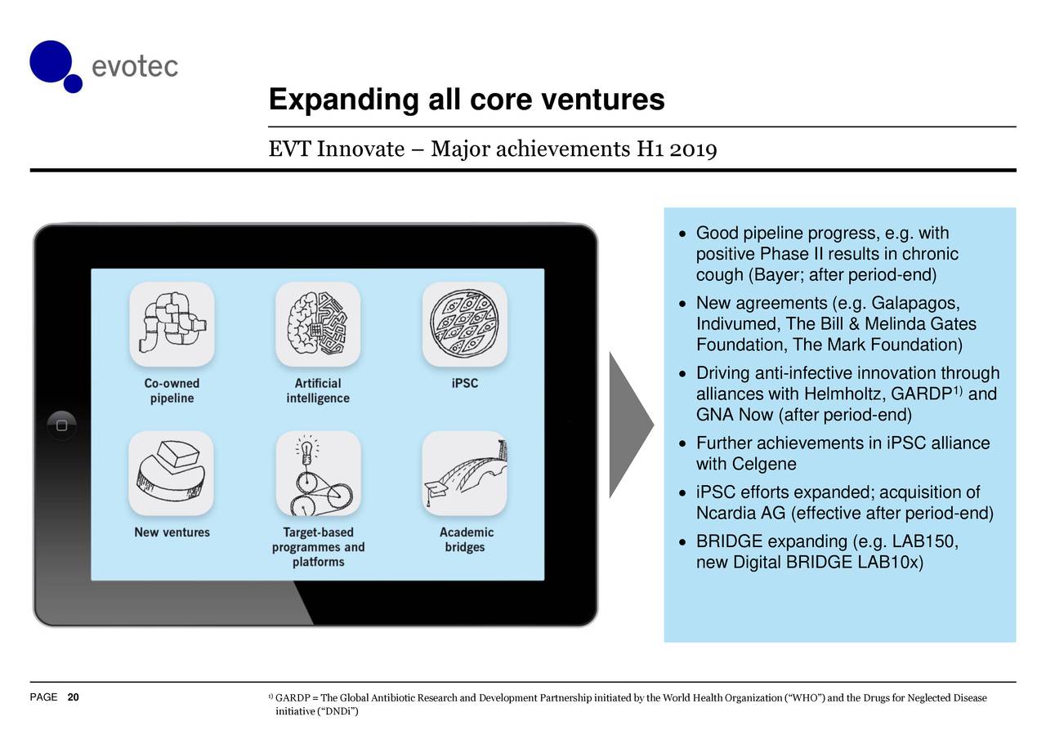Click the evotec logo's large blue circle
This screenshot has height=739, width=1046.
tap(51, 60)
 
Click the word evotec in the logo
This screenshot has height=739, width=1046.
tap(134, 66)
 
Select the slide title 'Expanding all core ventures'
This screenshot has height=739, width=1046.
tap(466, 100)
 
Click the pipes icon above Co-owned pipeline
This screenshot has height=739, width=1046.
tap(172, 324)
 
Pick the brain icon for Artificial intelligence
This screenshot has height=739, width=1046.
tap(318, 324)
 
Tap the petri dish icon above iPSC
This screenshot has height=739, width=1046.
tap(464, 324)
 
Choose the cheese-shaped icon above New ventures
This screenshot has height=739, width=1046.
tap(172, 473)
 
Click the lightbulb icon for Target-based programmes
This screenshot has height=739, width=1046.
tap(318, 473)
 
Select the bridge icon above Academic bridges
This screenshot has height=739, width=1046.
tap(464, 473)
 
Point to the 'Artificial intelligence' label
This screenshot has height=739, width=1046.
tap(318, 390)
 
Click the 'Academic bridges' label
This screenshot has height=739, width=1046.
tap(465, 539)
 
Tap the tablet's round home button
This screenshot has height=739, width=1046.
tap(61, 425)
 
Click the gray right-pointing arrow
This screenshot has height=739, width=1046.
tap(629, 425)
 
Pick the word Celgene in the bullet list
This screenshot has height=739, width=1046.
tap(763, 465)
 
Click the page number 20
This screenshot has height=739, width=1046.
tap(74, 697)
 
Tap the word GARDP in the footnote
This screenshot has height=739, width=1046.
tap(290, 698)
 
